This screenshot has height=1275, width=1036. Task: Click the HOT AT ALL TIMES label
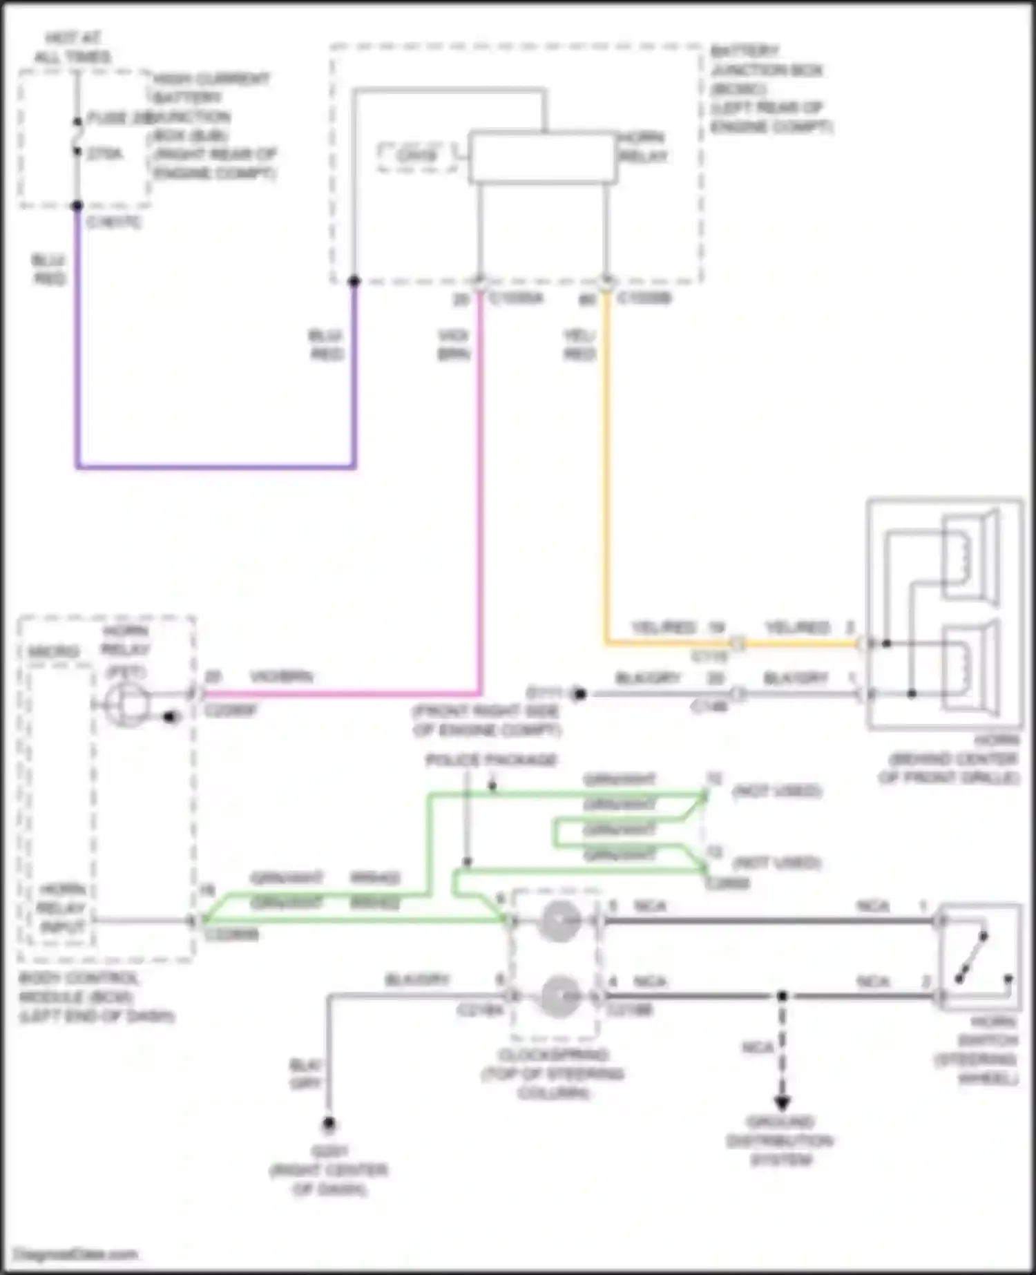(72, 47)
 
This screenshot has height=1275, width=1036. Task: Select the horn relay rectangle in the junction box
(542, 158)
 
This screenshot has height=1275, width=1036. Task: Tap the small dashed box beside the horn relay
(416, 157)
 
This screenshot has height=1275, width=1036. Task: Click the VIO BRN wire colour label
(453, 345)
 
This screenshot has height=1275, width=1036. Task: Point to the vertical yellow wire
(606, 470)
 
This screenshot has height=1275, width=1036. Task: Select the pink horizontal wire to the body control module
(338, 693)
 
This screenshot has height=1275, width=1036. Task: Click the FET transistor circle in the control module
(126, 704)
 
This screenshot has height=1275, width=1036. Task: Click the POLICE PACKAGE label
(491, 760)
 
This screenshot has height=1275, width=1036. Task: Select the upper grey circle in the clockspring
(559, 921)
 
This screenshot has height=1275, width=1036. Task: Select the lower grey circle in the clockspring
(559, 997)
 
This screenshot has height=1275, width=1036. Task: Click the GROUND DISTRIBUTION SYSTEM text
(780, 1140)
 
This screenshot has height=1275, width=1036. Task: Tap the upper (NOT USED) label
(777, 790)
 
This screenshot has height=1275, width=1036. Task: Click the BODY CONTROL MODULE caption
(97, 997)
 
